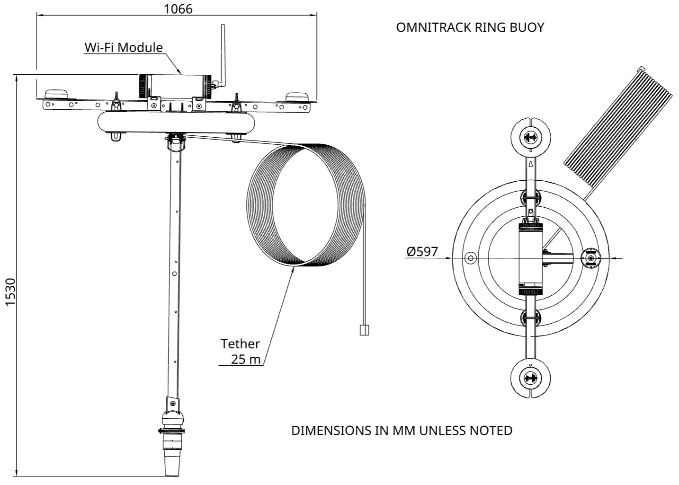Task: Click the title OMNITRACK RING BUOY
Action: click(470, 27)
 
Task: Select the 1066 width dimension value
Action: click(178, 9)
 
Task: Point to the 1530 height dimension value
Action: click(10, 292)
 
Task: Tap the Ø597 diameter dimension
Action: click(421, 252)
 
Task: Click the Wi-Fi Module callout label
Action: click(124, 47)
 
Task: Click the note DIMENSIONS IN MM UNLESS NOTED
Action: click(402, 431)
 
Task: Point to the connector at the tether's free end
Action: click(364, 330)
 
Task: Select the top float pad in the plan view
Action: click(530, 138)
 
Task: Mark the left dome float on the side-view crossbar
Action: click(56, 94)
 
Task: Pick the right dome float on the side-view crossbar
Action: click(297, 96)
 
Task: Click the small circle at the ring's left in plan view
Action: click(470, 258)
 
